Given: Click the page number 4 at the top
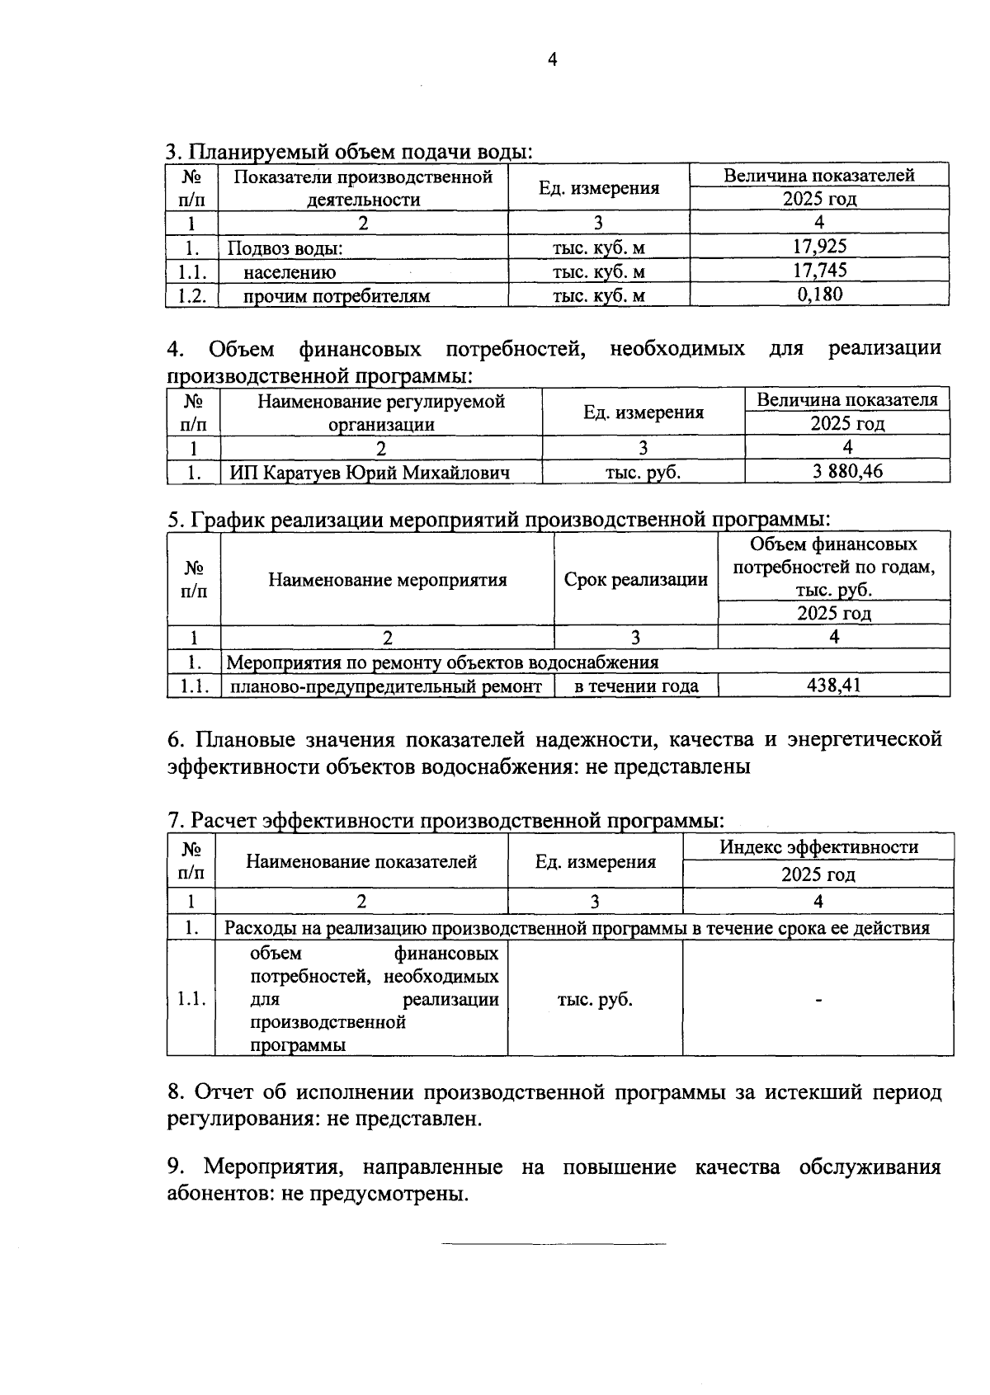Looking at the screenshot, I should pos(553,59).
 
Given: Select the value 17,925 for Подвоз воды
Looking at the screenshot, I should pos(819,246).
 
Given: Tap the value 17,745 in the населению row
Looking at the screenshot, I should pos(819,270).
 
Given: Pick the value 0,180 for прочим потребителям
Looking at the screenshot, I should pos(819,294).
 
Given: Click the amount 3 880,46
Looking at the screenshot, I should pos(847,471).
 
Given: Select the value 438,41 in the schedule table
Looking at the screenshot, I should pos(833,685).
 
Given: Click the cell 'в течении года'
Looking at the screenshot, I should pos(636,686).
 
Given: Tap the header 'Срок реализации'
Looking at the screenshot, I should pos(636,579).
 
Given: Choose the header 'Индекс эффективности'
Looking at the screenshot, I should pos(818,847).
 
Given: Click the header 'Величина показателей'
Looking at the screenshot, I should pos(818,175).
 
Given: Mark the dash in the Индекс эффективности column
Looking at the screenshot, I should pos(818,1000).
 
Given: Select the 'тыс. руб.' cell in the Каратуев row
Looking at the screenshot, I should pos(643,473).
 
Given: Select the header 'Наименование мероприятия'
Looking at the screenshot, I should pos(387,579).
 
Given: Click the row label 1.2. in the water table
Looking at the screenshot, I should pos(191,295).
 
